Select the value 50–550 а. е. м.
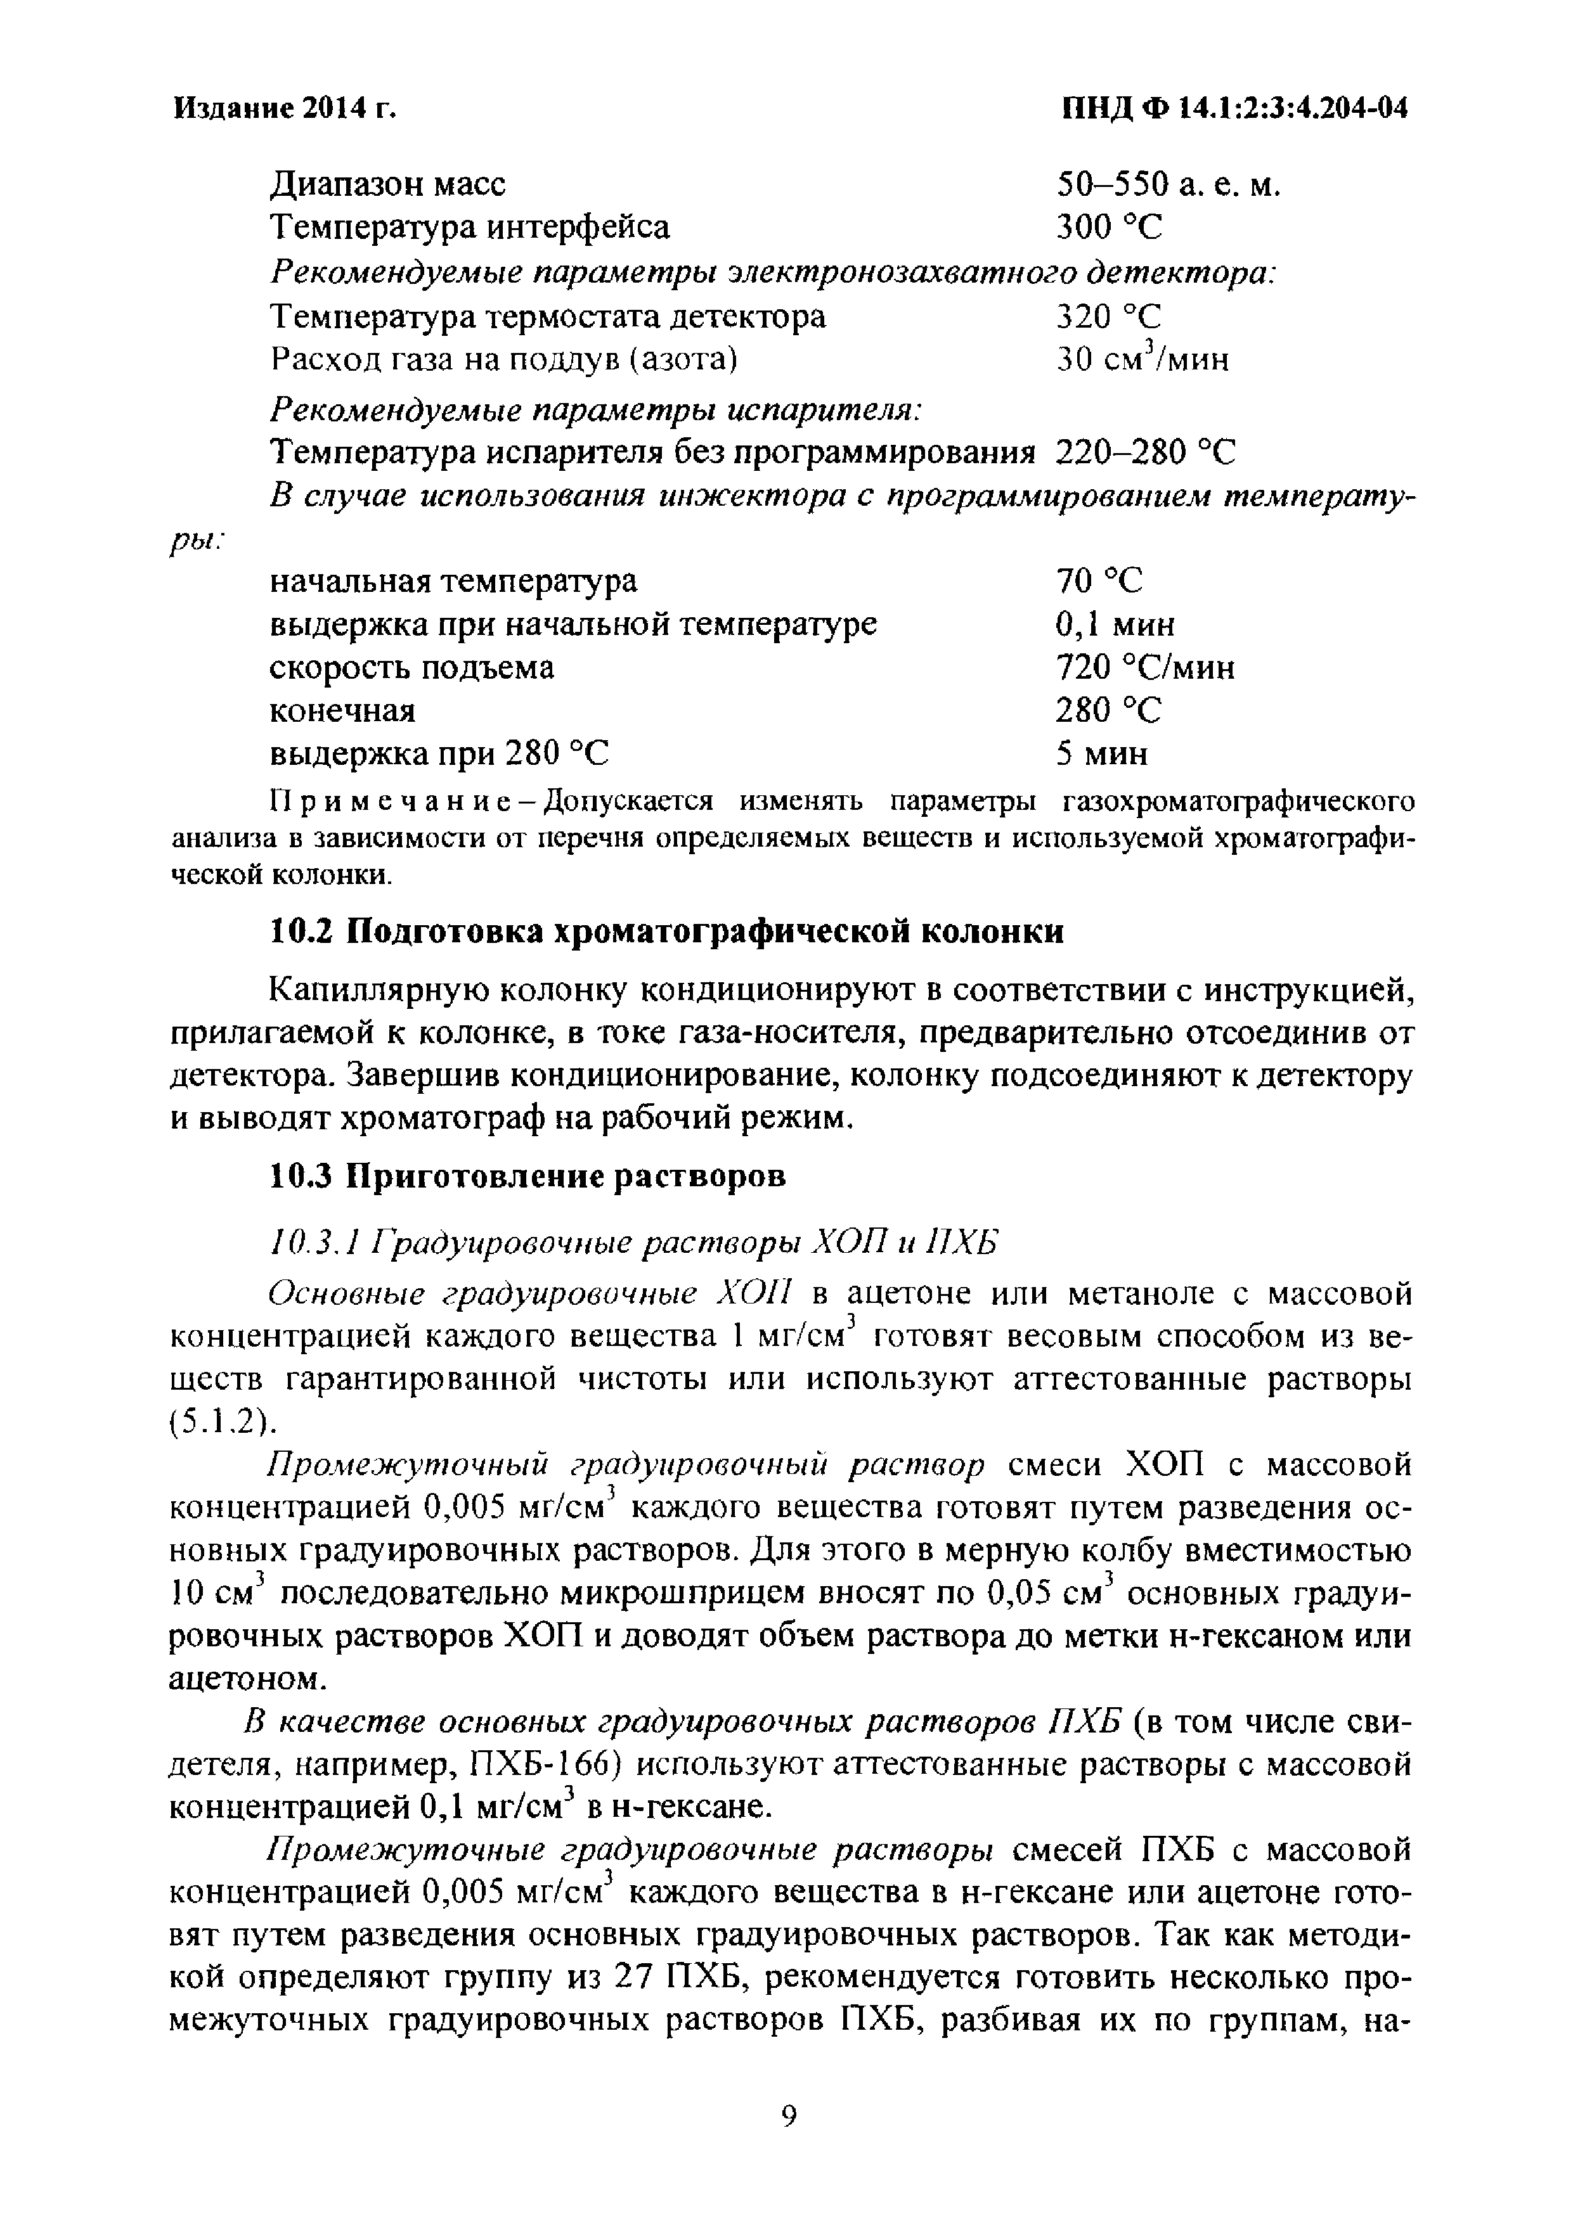pos(1168,184)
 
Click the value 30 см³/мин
pos(1142,359)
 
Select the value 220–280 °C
pos(1145,452)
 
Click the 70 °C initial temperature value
pos(1099,581)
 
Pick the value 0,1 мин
pos(1115,624)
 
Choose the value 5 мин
pos(1101,753)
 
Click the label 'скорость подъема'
pos(411,667)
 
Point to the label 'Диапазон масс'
pos(387,184)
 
